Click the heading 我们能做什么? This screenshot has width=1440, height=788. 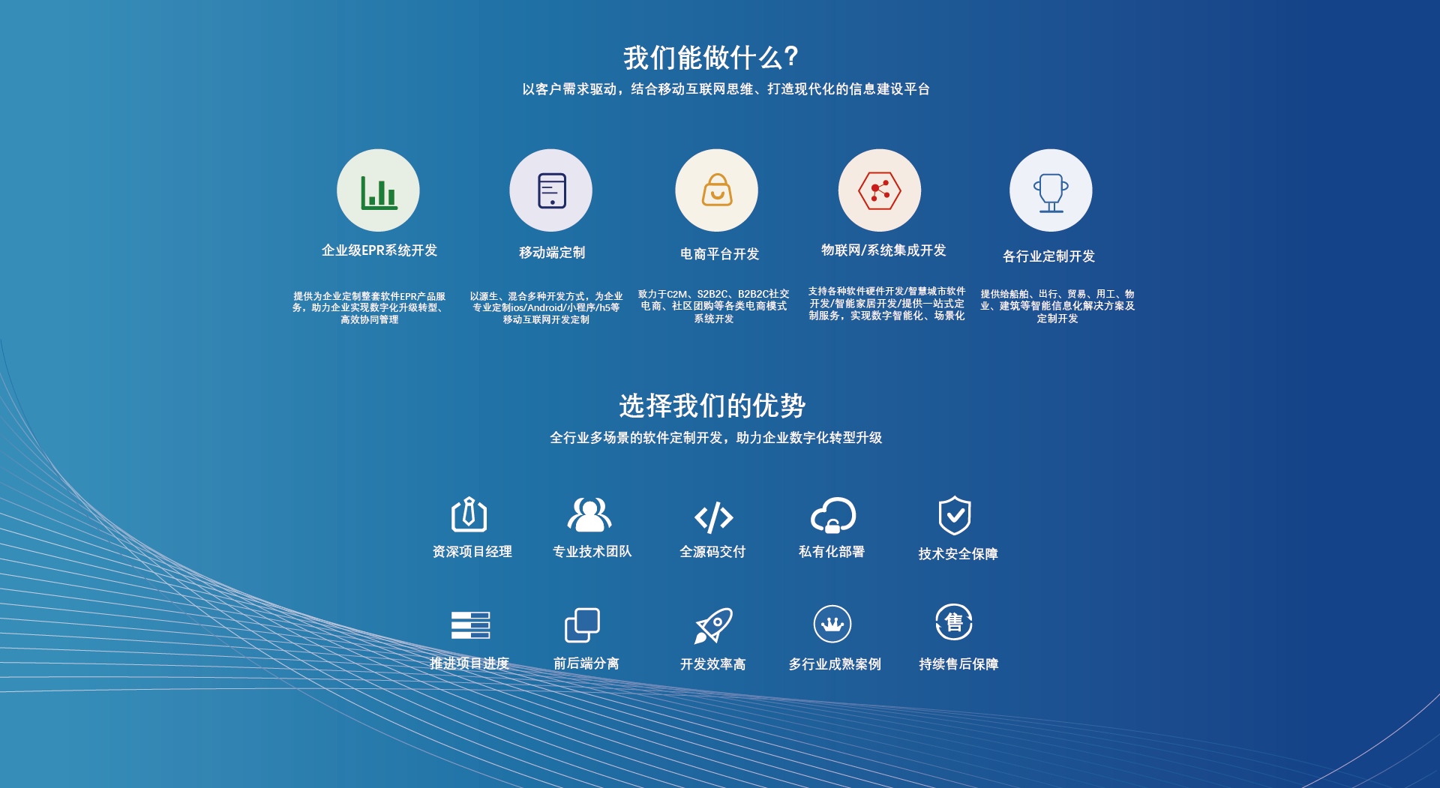711,58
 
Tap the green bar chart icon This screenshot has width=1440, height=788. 379,192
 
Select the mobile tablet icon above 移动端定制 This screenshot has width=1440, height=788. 551,190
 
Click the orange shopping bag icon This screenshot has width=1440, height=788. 717,190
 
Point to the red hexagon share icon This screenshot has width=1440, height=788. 880,190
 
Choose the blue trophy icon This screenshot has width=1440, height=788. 1051,193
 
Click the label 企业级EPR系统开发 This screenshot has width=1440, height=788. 379,250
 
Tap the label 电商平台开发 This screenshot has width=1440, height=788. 720,254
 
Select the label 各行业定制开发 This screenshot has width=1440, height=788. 1049,256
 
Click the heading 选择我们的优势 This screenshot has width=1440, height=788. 712,406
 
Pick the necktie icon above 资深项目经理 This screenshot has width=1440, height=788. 469,514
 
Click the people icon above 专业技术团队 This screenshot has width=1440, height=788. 589,514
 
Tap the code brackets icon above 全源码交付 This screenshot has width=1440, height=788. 713,517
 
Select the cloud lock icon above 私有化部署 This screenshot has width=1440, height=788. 833,515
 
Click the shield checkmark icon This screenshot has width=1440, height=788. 955,515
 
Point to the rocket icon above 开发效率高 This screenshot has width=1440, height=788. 713,625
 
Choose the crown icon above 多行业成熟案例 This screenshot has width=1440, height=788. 832,624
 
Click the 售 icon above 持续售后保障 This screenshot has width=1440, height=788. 954,622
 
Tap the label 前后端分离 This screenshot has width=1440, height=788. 586,664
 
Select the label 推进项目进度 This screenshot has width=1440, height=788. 469,664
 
